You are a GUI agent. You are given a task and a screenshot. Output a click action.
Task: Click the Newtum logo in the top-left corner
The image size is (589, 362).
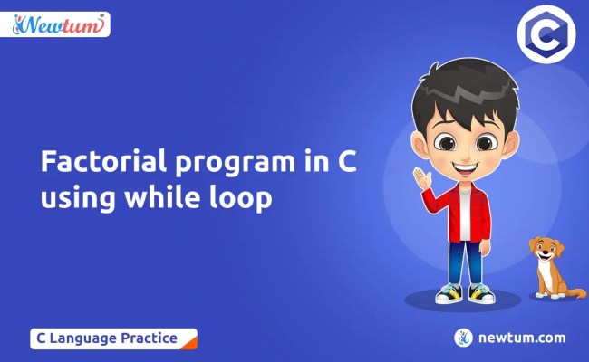pos(61,24)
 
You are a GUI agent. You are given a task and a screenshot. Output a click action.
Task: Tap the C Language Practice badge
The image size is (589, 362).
pos(113,338)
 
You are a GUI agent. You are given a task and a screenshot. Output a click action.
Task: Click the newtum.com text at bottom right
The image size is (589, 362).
pos(521,338)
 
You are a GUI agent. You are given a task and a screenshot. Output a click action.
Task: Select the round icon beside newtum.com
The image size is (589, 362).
pos(464,338)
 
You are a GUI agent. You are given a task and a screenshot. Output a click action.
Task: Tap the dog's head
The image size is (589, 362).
pos(545,250)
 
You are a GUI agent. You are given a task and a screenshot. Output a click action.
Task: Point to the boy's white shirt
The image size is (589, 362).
pos(465,213)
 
